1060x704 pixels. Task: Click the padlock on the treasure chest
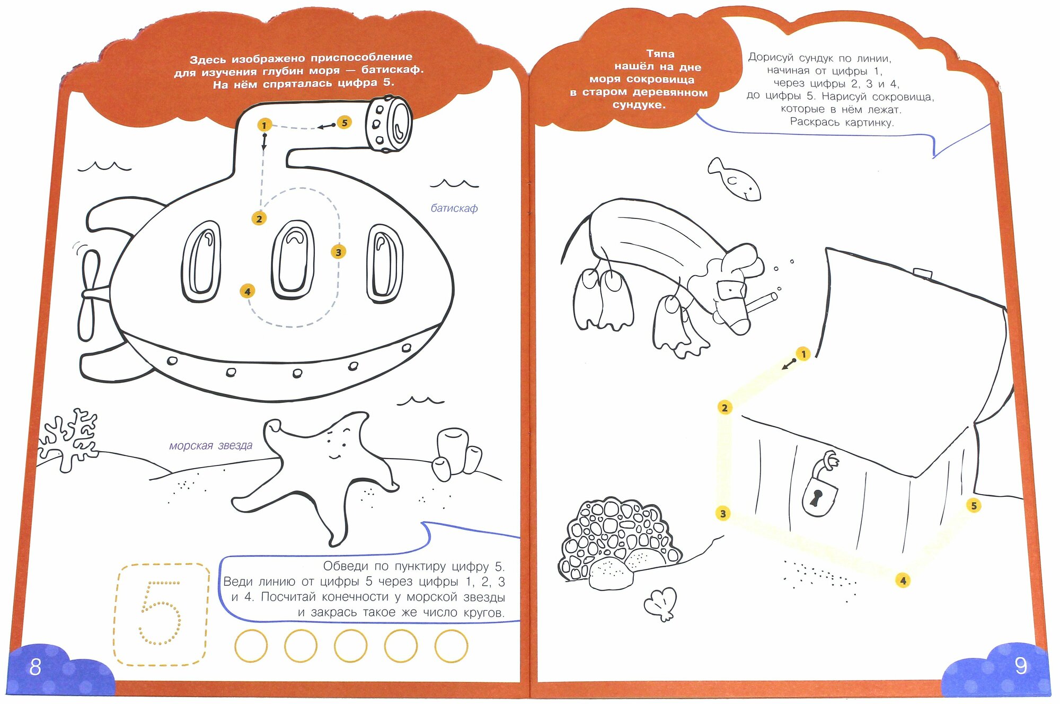coord(819,496)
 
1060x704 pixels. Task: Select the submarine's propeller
coord(90,294)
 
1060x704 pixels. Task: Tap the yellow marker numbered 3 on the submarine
coord(338,252)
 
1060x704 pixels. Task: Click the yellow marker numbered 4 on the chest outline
coord(903,580)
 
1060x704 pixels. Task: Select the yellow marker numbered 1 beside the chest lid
coord(803,354)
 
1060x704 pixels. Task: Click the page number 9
coord(1020,666)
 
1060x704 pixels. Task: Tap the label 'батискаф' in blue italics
coord(454,208)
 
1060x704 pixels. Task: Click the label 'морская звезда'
coord(210,446)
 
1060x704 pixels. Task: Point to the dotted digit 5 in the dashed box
coord(160,613)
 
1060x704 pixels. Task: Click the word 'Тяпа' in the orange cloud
coord(660,54)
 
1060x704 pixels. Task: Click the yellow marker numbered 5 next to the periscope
coord(344,122)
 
